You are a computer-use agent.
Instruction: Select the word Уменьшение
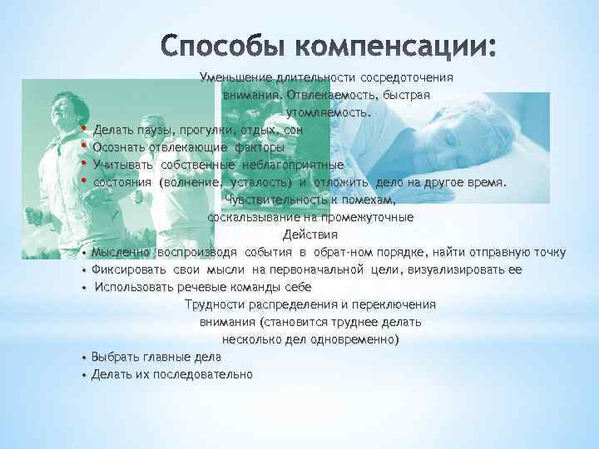(x=232, y=77)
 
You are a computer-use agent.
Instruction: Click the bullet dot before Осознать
(x=84, y=148)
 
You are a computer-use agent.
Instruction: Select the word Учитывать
(x=123, y=165)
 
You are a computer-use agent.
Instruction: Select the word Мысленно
(x=121, y=252)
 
